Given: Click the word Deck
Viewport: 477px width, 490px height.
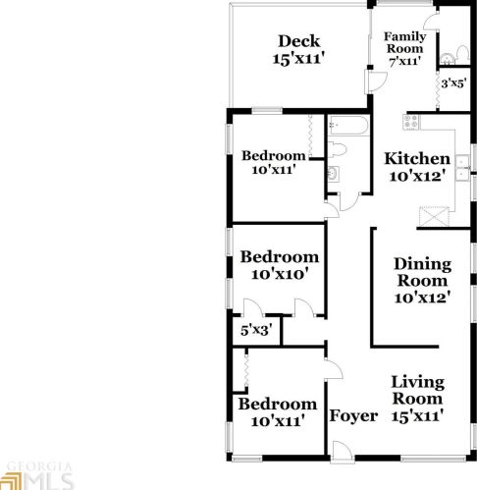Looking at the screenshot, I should pos(299,40).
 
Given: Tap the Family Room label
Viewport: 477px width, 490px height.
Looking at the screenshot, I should pos(403,42).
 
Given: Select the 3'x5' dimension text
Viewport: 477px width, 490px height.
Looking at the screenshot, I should pos(451,84).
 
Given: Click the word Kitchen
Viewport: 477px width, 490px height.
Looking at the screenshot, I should pos(417,159).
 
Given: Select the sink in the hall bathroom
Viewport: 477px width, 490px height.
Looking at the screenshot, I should pos(333,176).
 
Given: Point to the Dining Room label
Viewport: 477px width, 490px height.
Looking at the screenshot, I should pos(422,272).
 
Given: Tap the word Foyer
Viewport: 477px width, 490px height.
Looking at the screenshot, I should pos(353,416).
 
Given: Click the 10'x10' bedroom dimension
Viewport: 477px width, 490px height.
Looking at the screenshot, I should pos(280,276).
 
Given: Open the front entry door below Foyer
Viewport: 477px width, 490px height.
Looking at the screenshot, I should pos(341,451).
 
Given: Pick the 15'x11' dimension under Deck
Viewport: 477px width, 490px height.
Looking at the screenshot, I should pos(298,59).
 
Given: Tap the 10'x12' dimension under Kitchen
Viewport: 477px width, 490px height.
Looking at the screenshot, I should pos(417,177).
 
